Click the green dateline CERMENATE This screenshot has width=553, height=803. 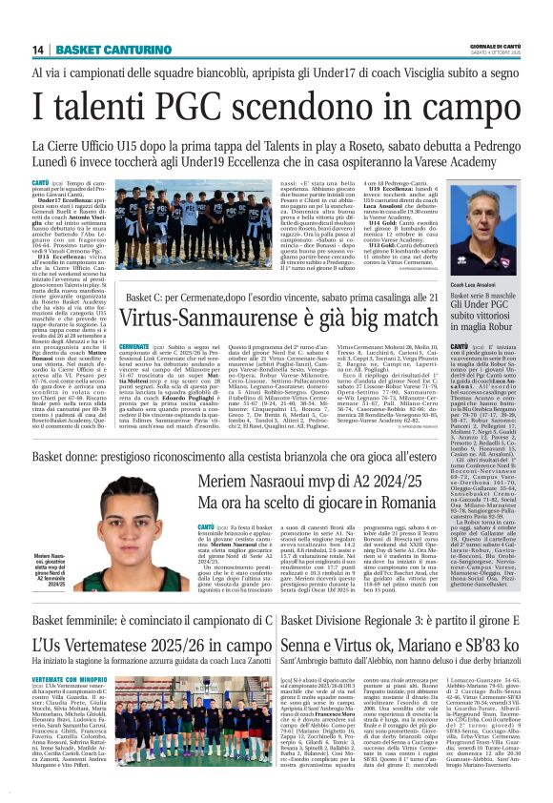[x=134, y=346]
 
